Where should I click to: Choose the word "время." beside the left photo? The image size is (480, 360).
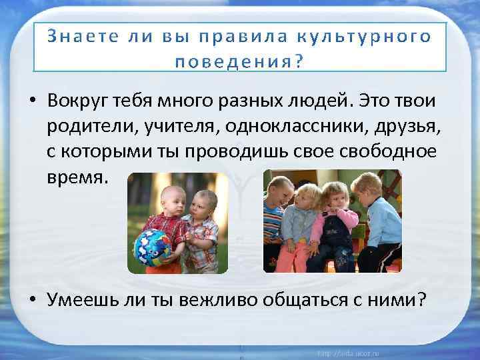(76, 179)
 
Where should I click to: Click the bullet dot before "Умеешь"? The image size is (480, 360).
(32, 301)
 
